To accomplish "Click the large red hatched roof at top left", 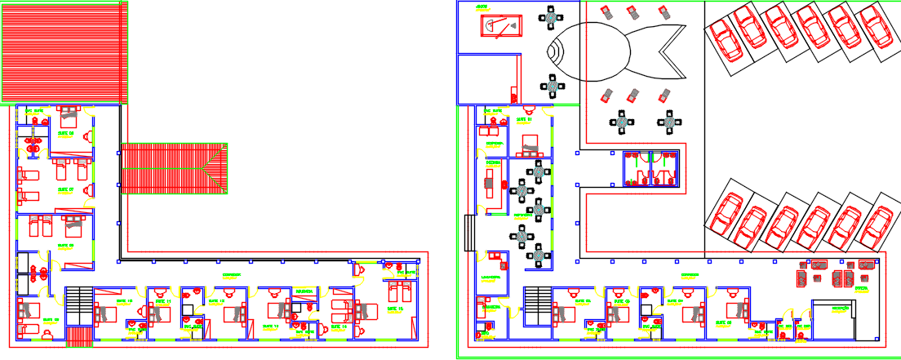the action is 64,51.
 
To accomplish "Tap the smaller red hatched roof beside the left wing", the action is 173,169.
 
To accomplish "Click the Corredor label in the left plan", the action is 232,274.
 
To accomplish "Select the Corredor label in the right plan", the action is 690,274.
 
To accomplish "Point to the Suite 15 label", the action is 396,310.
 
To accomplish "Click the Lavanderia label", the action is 490,277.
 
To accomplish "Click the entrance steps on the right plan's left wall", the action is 468,233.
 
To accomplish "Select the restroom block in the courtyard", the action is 650,168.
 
